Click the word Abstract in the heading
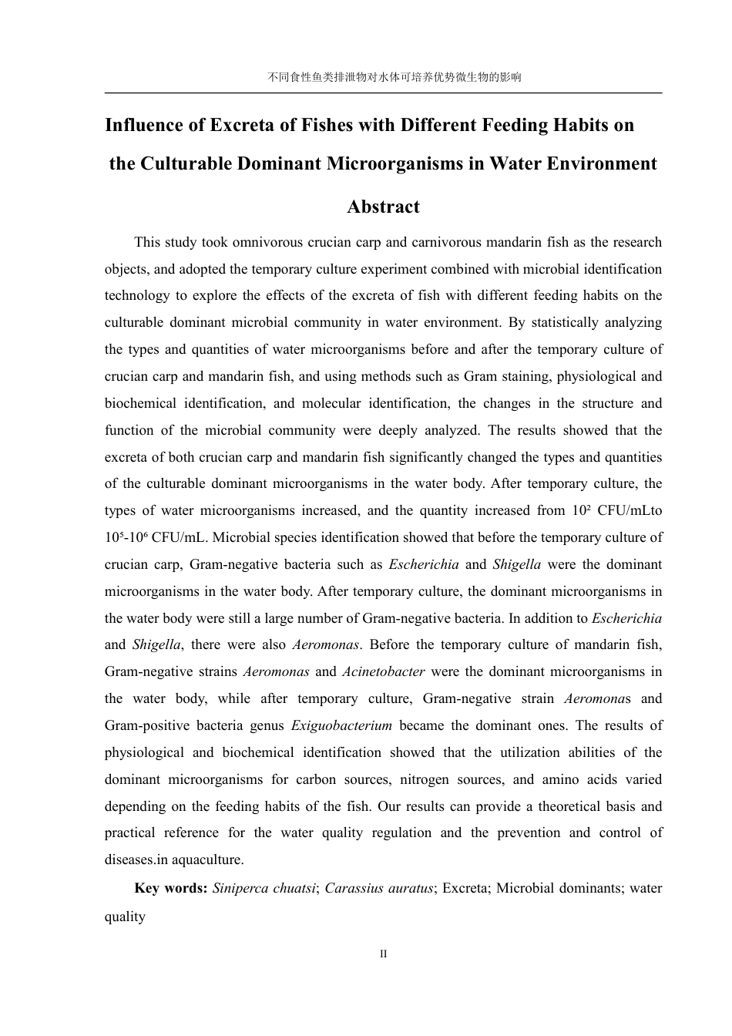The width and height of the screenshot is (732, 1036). click(383, 207)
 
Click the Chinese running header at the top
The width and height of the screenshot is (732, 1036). click(383, 77)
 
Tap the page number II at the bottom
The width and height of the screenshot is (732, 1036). click(383, 954)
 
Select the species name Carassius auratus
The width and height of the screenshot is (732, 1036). click(379, 888)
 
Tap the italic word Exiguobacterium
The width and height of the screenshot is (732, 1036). click(341, 725)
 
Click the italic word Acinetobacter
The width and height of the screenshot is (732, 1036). click(383, 671)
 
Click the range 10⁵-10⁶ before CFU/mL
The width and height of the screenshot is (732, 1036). click(126, 537)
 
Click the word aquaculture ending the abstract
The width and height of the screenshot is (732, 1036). click(208, 859)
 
